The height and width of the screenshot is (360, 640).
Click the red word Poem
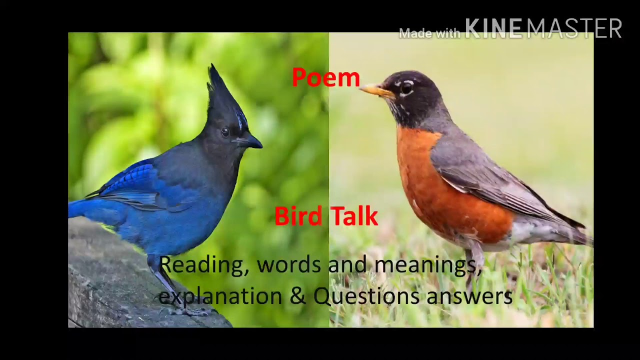(325, 78)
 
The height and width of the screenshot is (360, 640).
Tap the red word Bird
(298, 216)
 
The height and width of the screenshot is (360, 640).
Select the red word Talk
(353, 216)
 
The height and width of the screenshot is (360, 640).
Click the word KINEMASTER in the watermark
(543, 29)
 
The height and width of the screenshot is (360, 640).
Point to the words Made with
(429, 33)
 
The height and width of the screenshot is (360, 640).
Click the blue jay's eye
(225, 131)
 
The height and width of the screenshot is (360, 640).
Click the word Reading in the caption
(203, 265)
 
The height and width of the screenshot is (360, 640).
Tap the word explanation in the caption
(220, 296)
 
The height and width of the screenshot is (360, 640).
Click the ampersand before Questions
(298, 296)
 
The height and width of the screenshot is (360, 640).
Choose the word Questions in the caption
(366, 296)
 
